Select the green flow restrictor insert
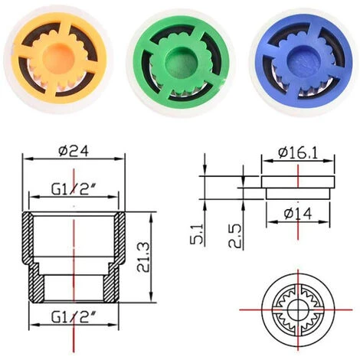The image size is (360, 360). (x=181, y=60)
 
